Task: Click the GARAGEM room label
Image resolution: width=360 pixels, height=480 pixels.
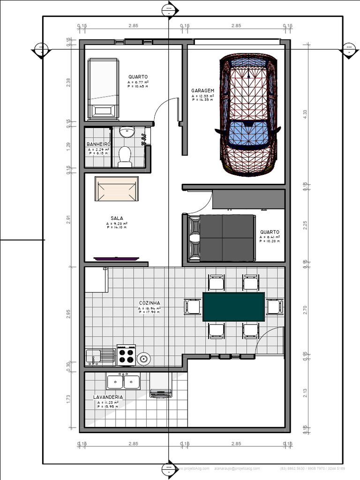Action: (202, 91)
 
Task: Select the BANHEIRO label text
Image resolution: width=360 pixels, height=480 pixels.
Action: (98, 144)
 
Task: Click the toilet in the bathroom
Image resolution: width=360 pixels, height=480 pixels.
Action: (125, 157)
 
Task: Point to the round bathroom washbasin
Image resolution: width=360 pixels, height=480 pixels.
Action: (126, 133)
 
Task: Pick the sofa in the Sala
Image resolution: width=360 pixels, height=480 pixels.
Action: (117, 189)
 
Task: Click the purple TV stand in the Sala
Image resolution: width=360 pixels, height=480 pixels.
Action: (116, 258)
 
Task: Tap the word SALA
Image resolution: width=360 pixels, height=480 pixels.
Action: (117, 218)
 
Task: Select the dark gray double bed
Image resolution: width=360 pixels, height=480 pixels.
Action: (222, 238)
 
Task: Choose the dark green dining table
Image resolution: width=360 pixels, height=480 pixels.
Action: (233, 307)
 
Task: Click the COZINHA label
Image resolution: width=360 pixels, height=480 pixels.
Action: (150, 303)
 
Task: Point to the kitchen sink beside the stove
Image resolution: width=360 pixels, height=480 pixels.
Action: (100, 357)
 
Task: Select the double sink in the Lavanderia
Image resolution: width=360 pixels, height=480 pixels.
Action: (124, 382)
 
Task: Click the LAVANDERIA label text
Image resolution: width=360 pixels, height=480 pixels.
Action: (108, 397)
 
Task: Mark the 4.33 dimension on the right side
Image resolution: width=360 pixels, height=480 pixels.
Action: (305, 114)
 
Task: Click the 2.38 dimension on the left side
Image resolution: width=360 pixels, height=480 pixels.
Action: (68, 82)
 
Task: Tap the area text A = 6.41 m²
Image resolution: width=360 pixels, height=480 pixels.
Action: (270, 238)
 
